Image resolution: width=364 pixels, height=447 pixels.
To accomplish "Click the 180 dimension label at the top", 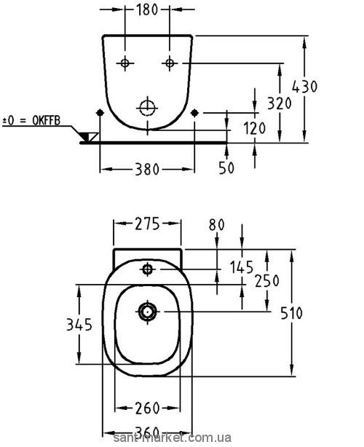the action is (x=147, y=9).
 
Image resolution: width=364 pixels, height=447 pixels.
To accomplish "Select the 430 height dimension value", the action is (x=305, y=87).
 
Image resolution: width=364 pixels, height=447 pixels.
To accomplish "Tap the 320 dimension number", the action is (x=280, y=103).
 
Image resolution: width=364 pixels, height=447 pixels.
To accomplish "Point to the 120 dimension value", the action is (x=255, y=128).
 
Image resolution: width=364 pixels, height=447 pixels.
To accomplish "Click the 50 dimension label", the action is (x=226, y=167).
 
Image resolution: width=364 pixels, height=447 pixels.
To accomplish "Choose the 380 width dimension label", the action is (x=147, y=170).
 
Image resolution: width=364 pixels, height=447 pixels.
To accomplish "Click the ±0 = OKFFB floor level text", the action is (x=31, y=121).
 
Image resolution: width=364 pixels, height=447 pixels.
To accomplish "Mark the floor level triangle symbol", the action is (x=90, y=137).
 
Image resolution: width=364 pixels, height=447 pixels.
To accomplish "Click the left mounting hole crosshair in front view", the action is (x=124, y=63).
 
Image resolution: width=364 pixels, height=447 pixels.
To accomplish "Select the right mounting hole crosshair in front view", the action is (x=170, y=63).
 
